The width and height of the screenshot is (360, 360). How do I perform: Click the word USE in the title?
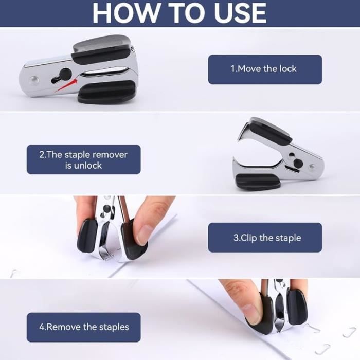241,13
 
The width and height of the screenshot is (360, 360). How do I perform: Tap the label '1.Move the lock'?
265,69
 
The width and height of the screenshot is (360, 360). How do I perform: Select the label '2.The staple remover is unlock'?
83,159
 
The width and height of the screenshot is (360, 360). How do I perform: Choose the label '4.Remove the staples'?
83,327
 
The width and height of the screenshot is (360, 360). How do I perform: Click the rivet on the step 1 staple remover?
34,80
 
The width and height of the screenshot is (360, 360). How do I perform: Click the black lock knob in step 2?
298,163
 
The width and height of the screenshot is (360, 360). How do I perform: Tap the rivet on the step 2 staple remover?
311,167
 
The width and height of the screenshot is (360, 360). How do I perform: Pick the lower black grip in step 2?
258,182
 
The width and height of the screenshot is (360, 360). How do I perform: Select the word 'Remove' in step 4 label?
64,327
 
